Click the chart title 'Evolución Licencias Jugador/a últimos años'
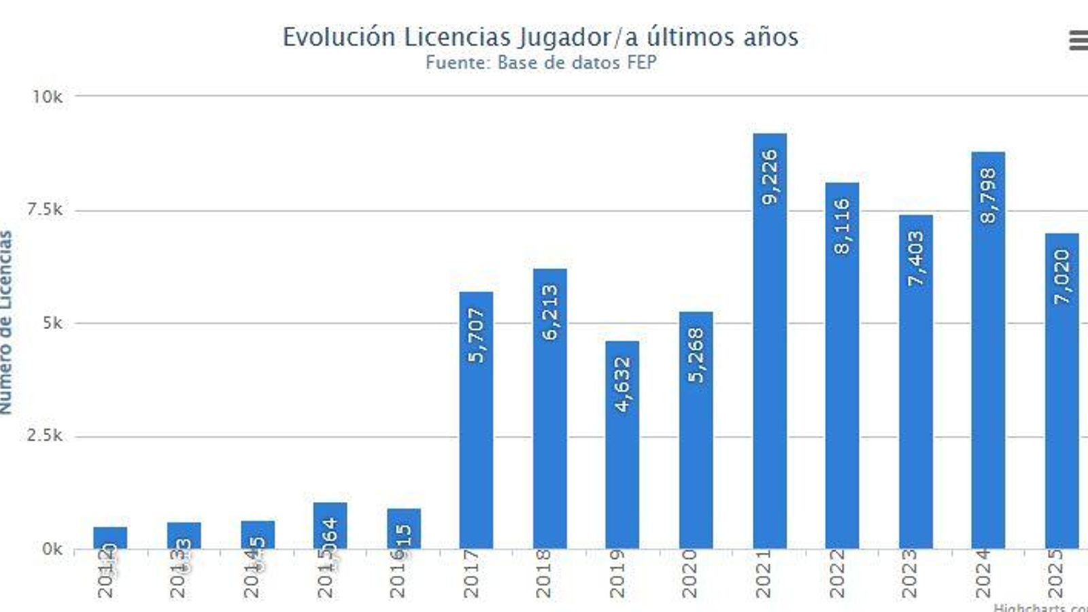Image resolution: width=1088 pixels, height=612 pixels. (541, 37)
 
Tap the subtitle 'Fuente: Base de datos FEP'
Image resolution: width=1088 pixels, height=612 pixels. (541, 63)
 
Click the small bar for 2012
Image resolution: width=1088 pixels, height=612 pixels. (110, 537)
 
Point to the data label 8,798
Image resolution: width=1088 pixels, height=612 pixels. (988, 196)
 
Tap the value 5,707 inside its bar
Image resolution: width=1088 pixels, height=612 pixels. (477, 335)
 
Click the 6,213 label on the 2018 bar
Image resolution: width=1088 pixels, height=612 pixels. (550, 311)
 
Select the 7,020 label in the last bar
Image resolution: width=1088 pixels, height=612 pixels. (1062, 276)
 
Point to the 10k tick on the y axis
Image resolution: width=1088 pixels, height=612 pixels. (47, 97)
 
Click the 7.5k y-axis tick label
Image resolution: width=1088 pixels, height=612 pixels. (45, 209)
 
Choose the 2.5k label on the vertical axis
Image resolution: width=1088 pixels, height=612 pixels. (45, 435)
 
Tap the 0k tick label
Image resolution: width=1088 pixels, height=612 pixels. (52, 549)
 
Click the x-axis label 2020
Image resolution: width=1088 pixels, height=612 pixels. (690, 574)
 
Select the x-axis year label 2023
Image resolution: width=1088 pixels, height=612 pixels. (910, 574)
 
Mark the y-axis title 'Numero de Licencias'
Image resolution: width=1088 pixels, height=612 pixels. (6, 322)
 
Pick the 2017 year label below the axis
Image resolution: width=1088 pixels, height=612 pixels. (471, 574)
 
